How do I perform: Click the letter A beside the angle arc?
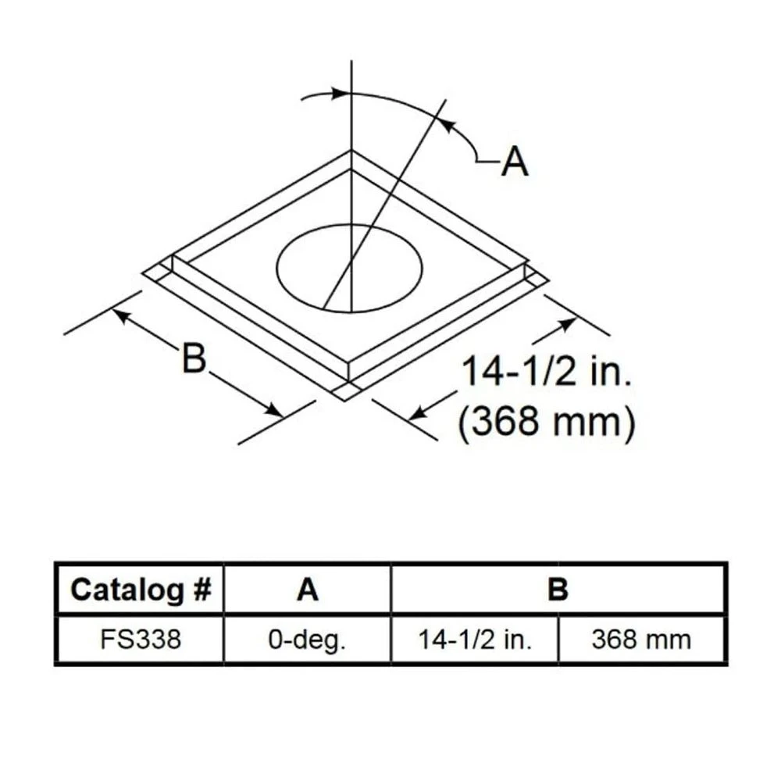515,162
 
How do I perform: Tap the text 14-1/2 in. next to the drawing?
546,373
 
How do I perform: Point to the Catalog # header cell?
141,590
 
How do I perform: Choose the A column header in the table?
308,590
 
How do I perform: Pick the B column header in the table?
558,590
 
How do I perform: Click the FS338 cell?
141,640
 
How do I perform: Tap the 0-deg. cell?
308,640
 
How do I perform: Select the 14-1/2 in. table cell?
474,640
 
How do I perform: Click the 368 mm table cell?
642,640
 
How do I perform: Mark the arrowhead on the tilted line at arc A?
446,124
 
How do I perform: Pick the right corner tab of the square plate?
536,275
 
